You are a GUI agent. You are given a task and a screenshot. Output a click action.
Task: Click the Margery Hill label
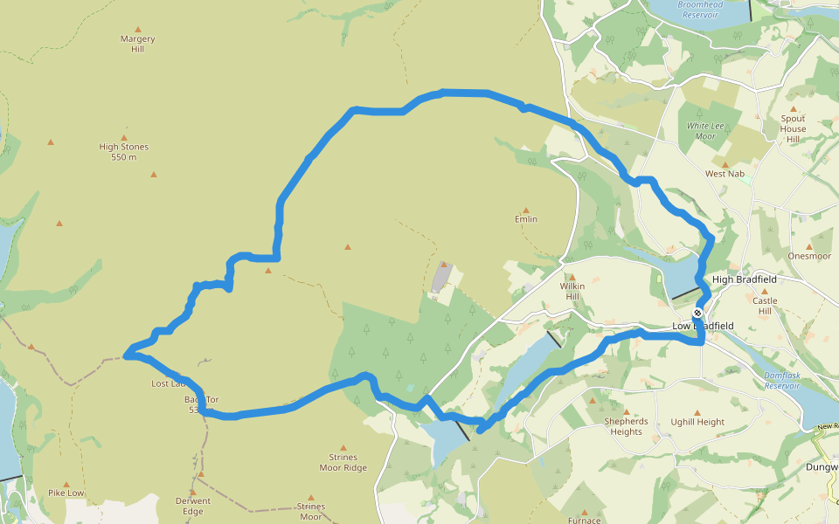coord(137,44)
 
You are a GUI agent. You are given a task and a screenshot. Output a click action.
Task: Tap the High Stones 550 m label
coord(124,152)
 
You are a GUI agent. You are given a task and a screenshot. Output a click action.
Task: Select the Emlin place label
coord(526,219)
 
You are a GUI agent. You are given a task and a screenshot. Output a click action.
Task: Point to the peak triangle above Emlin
coord(526,210)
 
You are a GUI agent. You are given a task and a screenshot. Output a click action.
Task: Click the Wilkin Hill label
coord(572,291)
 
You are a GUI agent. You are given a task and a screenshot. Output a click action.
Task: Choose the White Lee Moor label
coord(706,131)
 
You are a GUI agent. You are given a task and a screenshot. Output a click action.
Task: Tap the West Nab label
coord(725,174)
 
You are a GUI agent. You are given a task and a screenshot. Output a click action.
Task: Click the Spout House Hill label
coord(794,128)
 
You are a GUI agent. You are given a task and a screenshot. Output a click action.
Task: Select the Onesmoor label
coord(808,257)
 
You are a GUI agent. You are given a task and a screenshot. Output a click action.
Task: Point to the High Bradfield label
coord(744,279)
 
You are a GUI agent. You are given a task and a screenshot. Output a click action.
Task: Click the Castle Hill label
coord(765,306)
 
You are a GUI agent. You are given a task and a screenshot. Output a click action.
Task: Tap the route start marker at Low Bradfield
coord(697,313)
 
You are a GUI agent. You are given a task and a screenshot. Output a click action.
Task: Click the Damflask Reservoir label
coord(782,380)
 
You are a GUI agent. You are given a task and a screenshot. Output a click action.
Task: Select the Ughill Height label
coord(697,422)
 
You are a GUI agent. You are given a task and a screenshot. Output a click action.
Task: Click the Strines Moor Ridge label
coord(343,462)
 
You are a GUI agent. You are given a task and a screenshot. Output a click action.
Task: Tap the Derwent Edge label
coord(193,507)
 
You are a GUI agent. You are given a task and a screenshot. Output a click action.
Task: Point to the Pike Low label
coord(66,493)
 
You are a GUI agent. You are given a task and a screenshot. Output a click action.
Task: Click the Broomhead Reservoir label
coord(699,9)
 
